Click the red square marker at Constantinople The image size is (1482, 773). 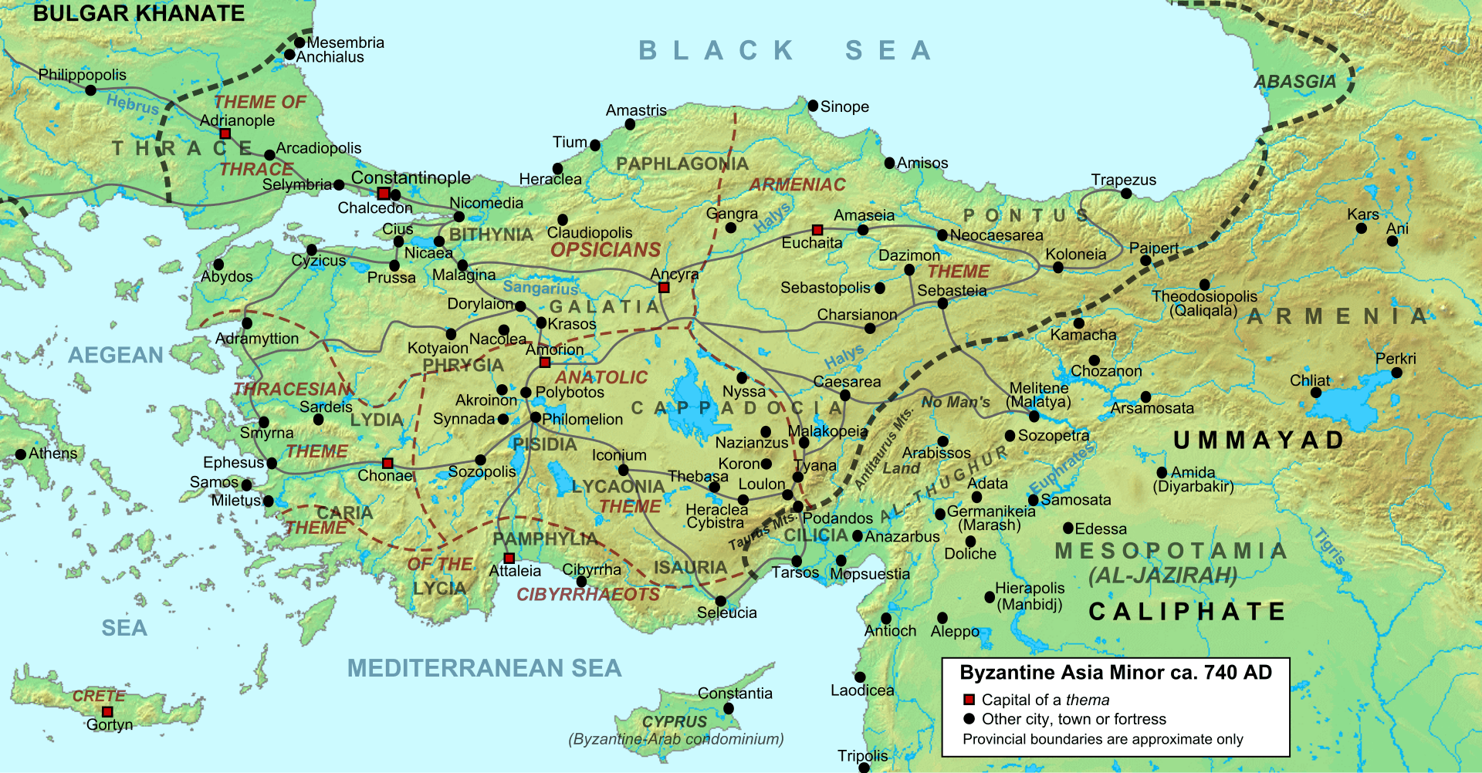[384, 194]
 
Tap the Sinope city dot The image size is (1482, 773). [813, 106]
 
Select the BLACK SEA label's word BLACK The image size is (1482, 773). [717, 51]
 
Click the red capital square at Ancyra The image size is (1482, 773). [664, 288]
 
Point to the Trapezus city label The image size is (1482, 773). [1123, 180]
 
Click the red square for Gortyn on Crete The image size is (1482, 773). [107, 712]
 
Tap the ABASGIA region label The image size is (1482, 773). [1294, 82]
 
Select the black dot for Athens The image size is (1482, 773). [21, 454]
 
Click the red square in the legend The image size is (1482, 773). [969, 700]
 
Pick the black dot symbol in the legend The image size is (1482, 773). [969, 719]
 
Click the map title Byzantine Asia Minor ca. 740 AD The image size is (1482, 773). [1115, 673]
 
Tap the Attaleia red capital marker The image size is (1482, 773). [509, 558]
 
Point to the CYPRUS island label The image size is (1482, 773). [675, 721]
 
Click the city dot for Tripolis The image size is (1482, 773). [864, 768]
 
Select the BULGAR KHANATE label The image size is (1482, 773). [139, 13]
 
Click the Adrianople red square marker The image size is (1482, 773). [225, 134]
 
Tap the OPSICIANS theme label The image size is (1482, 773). [605, 250]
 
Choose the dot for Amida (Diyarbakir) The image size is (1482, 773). [1162, 473]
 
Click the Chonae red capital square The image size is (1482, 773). [388, 464]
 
